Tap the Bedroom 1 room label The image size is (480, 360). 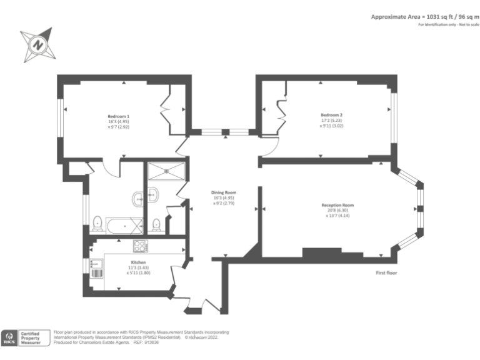point(118,116)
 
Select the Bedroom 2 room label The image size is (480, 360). point(331,115)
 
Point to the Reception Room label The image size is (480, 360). point(337,205)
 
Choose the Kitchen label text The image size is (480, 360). point(139,262)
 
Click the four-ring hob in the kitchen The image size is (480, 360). point(139,246)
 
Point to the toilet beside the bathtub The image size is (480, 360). point(97,223)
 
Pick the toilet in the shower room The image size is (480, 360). point(156,224)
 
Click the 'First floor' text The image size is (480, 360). point(387,273)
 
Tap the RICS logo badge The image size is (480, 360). point(10,338)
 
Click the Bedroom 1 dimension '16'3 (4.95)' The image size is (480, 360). point(118,121)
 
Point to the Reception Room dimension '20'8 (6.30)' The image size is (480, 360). point(337,210)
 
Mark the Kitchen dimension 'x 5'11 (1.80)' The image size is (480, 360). point(139,272)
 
